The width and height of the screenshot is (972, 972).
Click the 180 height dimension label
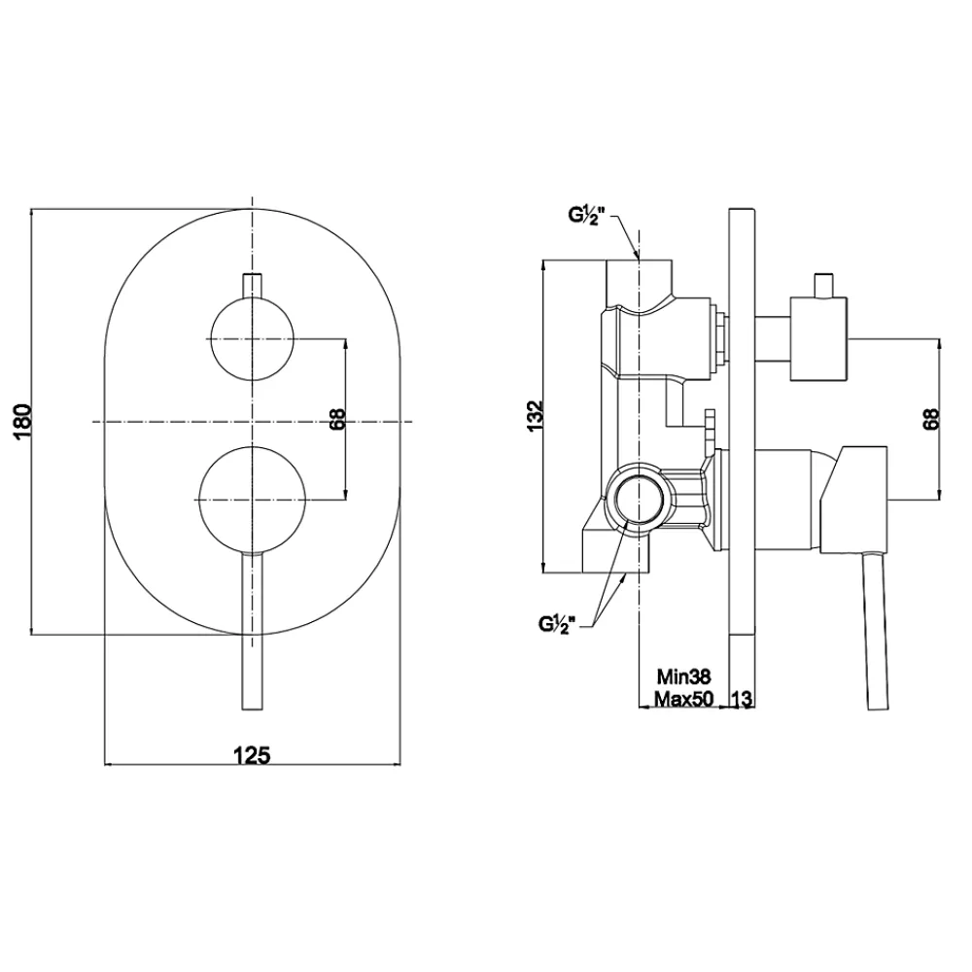coord(22,421)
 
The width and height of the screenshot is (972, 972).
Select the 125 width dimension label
coord(252,755)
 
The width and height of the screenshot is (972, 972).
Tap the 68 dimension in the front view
coord(337,420)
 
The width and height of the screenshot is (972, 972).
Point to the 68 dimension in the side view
coord(932,418)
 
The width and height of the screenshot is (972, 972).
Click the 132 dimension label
coord(535,415)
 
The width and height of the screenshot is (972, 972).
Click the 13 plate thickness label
coord(742,699)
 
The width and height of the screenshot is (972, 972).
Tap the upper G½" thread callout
coord(583,216)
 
